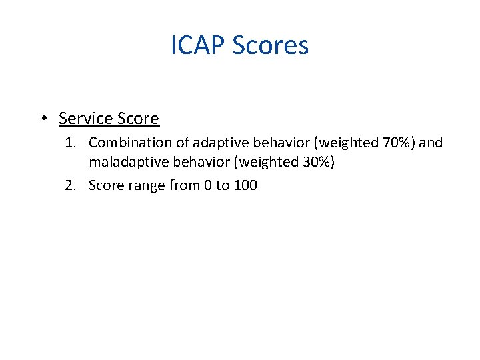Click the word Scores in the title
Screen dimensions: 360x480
271,46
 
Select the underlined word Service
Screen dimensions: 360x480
85,119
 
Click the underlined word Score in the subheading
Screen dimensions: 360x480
138,119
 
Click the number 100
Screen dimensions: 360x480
245,185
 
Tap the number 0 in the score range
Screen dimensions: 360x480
207,185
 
